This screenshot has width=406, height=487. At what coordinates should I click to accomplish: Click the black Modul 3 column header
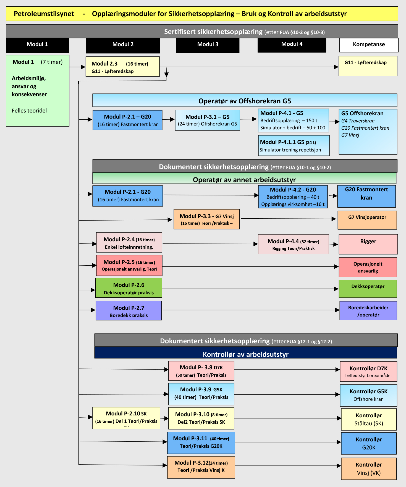point(208,45)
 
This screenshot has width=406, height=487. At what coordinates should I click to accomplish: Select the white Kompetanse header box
point(369,45)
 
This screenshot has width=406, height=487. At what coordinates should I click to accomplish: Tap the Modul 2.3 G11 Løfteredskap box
point(122,67)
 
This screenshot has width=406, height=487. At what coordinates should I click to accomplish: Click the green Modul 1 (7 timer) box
point(38,91)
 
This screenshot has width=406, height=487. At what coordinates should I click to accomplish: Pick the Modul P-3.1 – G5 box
point(207,120)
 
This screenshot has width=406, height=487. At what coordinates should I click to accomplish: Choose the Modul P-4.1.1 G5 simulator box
point(294,146)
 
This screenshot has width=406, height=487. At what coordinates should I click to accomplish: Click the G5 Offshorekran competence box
point(368,132)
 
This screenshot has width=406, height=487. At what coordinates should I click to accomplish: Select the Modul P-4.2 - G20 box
point(293,197)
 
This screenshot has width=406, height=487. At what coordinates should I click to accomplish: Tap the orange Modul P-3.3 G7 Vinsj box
point(206,219)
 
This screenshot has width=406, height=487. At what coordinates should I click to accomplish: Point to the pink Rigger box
point(368,244)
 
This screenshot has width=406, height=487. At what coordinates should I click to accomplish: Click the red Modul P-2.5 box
point(129,265)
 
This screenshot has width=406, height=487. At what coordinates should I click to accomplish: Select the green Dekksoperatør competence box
point(368,289)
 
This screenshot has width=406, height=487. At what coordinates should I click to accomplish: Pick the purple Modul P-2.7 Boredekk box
point(129,311)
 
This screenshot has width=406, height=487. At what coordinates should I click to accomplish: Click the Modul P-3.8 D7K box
point(201,371)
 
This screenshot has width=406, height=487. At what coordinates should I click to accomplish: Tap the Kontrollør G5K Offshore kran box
point(368,395)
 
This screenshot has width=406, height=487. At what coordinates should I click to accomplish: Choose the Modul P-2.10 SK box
point(126,418)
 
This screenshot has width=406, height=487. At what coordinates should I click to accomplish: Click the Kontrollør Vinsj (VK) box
point(369,468)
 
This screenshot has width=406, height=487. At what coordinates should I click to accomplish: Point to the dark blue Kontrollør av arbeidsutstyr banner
point(245,353)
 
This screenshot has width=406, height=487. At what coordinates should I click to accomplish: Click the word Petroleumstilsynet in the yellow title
point(44,14)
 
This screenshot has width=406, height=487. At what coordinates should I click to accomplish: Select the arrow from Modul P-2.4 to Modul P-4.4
point(210,244)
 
